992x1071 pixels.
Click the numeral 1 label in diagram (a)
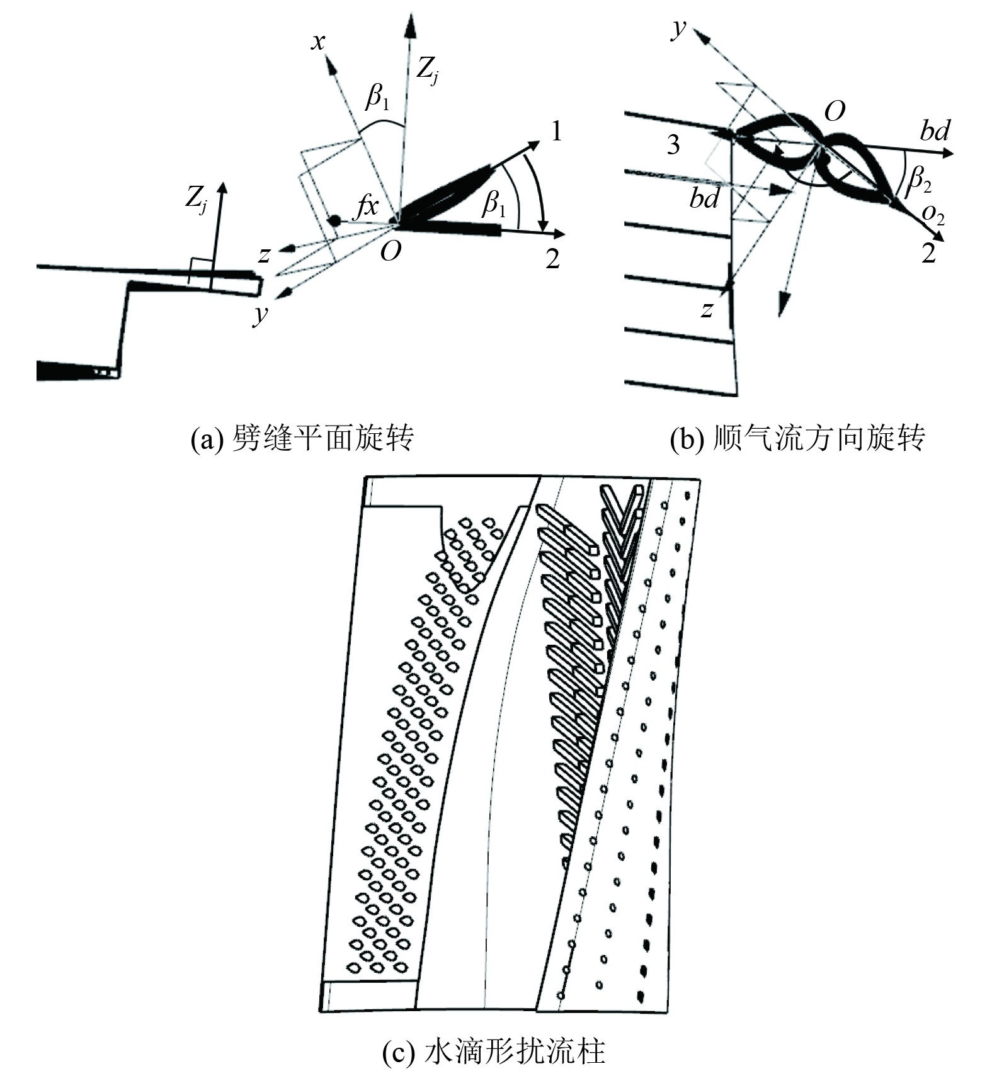coord(556,132)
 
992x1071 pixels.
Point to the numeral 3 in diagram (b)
coord(673,145)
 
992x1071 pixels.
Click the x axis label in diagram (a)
coord(318,42)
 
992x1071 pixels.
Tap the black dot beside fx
coord(335,220)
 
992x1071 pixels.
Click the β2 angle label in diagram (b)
coord(918,180)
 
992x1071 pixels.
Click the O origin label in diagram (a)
coord(390,252)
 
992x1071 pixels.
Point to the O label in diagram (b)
coord(835,112)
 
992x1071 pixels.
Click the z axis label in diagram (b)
coord(707,309)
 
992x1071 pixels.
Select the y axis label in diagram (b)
coord(678,28)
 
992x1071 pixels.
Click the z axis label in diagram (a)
coord(264,254)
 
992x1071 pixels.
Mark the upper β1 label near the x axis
coord(377,98)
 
